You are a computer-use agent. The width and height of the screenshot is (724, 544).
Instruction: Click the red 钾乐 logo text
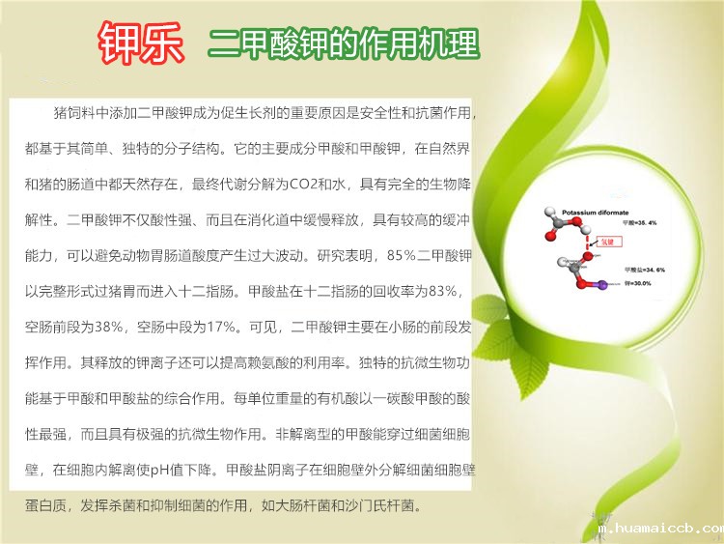pos(139,42)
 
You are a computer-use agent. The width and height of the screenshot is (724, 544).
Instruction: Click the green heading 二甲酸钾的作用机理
pos(343,43)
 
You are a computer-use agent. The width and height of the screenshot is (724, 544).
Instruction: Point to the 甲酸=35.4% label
pos(640,223)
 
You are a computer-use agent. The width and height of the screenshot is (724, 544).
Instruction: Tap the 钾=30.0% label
pos(640,281)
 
